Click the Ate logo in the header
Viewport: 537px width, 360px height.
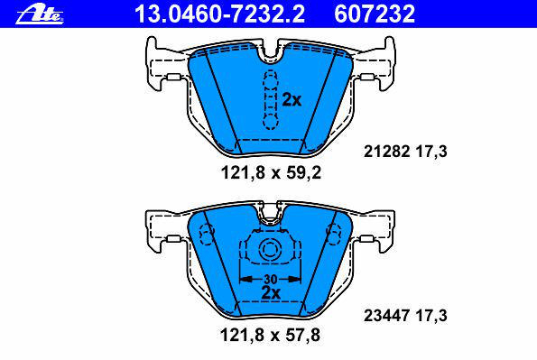pos(40,15)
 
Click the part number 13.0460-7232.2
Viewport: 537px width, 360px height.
pos(219,14)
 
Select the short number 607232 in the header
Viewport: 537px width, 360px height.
pos(375,14)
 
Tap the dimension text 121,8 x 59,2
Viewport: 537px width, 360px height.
pos(271,172)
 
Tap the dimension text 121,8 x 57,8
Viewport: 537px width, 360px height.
pos(270,335)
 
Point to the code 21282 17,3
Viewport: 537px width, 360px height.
pos(405,151)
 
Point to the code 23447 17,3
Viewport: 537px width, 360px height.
pos(405,316)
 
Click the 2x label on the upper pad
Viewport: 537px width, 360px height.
pos(292,100)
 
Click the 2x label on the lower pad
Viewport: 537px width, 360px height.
pos(271,293)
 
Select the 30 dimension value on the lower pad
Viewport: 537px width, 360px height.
pos(270,279)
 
